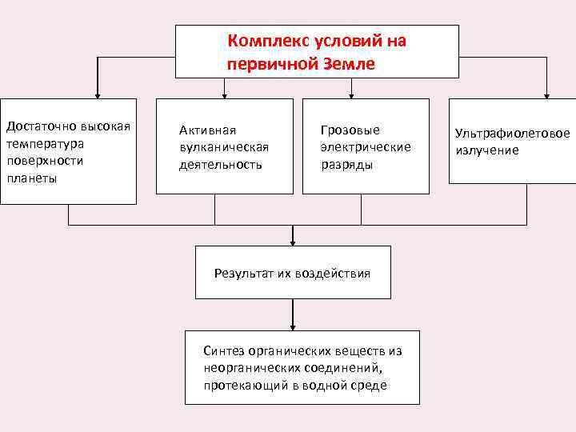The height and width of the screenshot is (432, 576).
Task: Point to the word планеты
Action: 31,178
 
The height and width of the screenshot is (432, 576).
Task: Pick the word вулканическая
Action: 224,147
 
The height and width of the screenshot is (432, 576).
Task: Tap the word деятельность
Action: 221,165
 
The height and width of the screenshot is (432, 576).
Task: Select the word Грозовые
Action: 350,130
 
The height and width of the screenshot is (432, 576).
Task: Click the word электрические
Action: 366,147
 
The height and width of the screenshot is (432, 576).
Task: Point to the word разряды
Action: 346,165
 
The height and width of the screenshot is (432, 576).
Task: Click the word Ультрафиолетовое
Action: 513,133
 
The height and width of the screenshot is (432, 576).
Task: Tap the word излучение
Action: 487,150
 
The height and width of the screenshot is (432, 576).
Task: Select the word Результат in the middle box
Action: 243,274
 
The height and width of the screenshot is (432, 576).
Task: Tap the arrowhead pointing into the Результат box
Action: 293,242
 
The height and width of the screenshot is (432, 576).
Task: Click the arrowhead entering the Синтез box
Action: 293,326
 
